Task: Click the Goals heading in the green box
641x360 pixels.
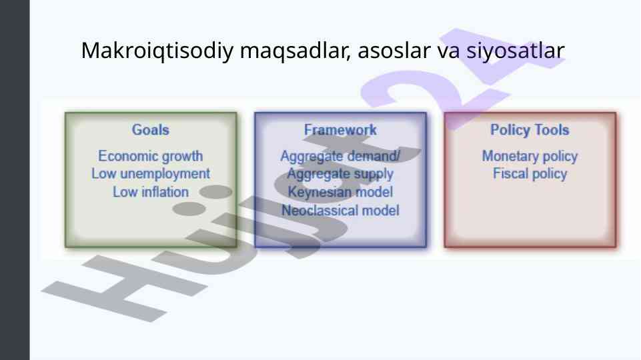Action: (x=151, y=130)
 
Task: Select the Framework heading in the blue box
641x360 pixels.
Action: (x=340, y=130)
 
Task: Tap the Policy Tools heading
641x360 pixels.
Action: (x=530, y=130)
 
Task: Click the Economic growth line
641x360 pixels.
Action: (x=151, y=156)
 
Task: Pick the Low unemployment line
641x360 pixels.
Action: (x=151, y=174)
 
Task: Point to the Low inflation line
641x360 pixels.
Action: (x=151, y=192)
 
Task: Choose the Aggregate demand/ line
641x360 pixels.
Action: (x=340, y=156)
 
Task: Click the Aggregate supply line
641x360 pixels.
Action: (x=340, y=174)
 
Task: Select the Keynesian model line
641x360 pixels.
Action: (x=340, y=192)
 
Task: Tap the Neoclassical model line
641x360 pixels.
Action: (x=340, y=211)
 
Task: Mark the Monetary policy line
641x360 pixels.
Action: (x=530, y=156)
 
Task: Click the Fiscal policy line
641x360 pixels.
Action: (x=530, y=174)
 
